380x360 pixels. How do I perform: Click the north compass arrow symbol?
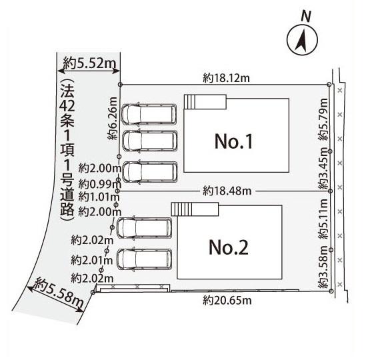point(302,40)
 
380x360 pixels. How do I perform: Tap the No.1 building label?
point(234,141)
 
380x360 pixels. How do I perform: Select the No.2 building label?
point(229,247)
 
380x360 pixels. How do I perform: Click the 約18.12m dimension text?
point(226,78)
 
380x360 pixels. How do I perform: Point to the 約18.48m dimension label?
point(227,191)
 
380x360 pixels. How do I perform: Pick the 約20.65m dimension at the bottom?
point(227,301)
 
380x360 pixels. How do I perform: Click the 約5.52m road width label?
point(90,63)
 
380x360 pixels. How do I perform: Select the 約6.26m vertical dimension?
point(113,118)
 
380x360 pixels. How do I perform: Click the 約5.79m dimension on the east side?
point(323,119)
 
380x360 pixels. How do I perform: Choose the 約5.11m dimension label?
point(323,219)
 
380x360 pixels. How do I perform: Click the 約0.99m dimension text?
point(99,185)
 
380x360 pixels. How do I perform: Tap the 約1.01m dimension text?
point(99,197)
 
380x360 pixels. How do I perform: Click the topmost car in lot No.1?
point(149,114)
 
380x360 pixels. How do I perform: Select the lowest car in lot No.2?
point(145,259)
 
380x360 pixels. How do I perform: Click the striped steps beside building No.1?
point(189,102)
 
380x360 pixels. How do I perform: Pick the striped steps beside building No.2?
point(181,209)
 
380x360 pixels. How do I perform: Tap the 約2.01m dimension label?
point(92,261)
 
